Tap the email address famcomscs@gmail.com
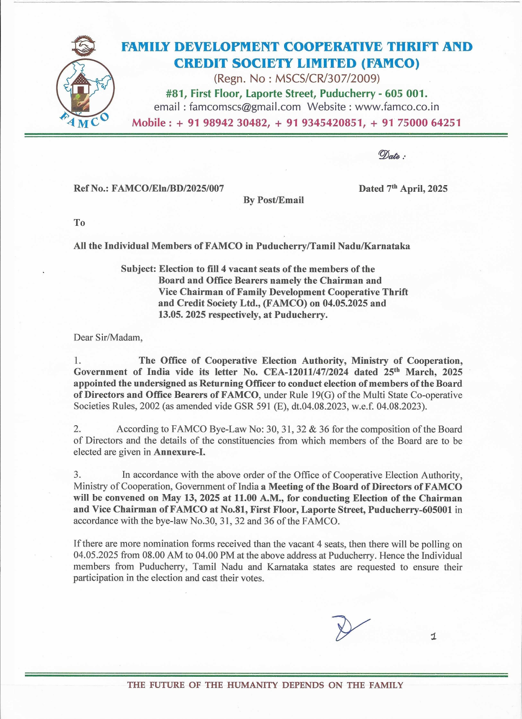point(245,107)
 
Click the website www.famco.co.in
point(397,107)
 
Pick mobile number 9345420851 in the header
point(333,123)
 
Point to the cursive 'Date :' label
point(391,155)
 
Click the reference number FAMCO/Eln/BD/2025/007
point(168,188)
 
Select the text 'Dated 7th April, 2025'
point(403,188)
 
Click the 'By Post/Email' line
point(273,200)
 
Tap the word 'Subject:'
point(138,269)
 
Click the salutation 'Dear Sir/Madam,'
point(108,338)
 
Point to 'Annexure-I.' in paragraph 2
point(179,452)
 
